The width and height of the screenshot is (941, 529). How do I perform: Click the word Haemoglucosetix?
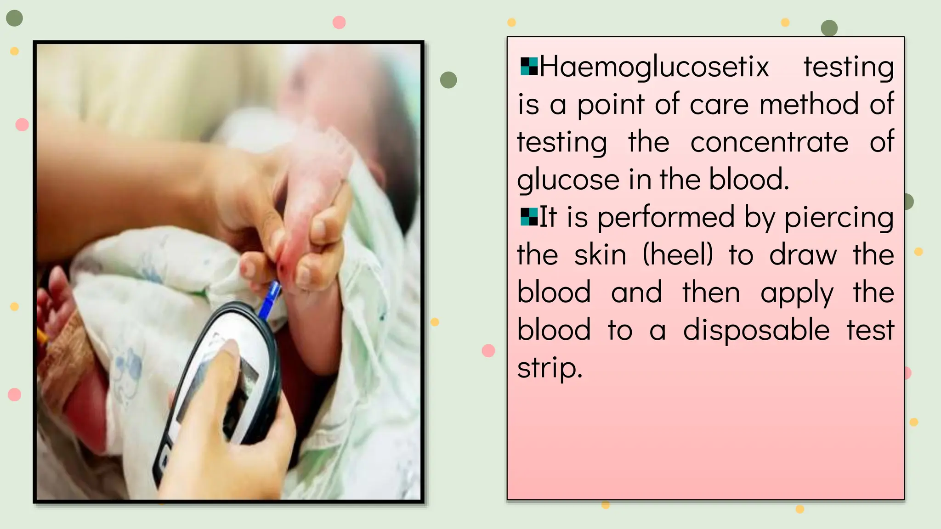tap(654, 67)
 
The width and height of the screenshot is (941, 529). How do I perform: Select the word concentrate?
tap(769, 142)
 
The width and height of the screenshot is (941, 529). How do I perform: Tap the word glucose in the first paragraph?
tap(568, 180)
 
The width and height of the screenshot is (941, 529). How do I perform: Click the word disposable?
tap(756, 330)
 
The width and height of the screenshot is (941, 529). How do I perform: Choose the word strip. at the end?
tap(550, 368)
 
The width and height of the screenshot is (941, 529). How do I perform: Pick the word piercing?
tap(839, 218)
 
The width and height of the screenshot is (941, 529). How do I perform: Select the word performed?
tap(666, 218)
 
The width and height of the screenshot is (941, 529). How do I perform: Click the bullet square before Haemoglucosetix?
tap(529, 67)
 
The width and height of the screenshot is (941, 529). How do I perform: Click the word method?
tap(809, 104)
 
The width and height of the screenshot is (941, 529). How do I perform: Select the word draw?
tap(803, 255)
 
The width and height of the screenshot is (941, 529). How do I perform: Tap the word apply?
tap(797, 293)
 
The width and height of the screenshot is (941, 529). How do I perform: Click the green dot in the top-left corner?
tap(14, 18)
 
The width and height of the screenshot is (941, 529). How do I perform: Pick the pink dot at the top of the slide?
tap(339, 22)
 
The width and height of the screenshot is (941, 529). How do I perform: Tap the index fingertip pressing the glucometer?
tap(230, 349)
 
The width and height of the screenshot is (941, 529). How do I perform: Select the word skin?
tap(600, 255)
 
